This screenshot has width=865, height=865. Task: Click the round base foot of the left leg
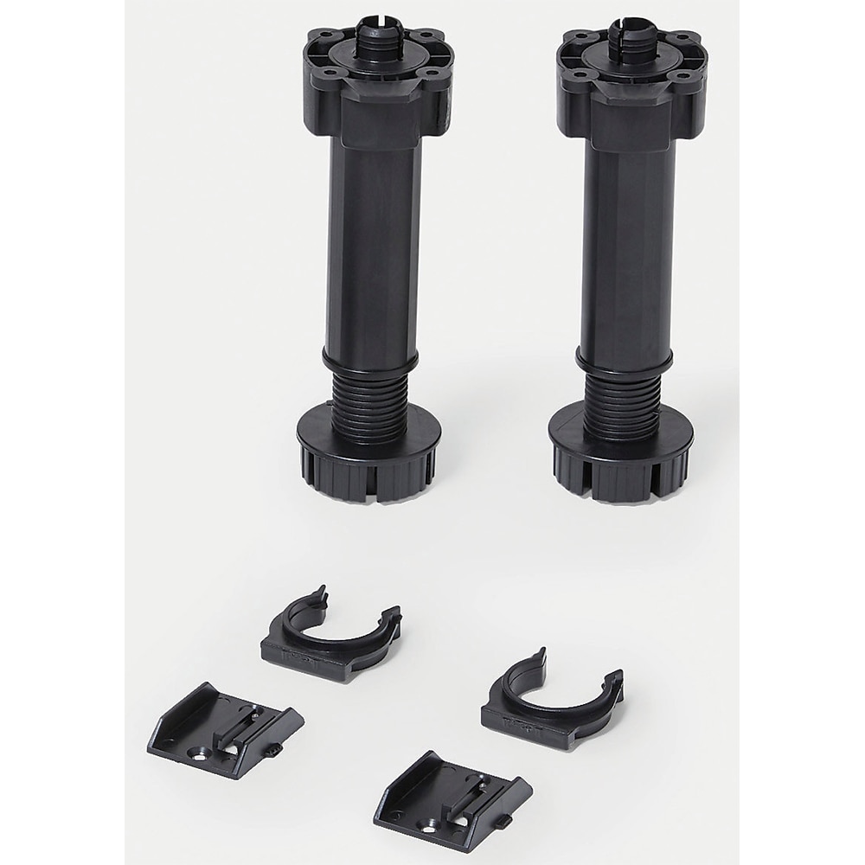369,467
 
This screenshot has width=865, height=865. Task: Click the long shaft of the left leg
373,251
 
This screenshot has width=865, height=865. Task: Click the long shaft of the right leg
626,251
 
